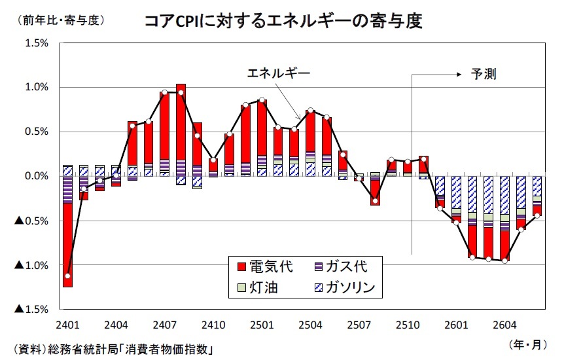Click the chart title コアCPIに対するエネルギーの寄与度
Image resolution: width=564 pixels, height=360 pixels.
tap(283, 21)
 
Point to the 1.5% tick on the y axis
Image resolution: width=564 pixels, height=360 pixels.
tap(35, 43)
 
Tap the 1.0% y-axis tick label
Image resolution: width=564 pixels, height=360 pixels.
tap(35, 87)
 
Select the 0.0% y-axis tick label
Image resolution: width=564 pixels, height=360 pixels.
tap(35, 176)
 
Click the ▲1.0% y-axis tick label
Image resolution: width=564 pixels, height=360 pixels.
tap(31, 265)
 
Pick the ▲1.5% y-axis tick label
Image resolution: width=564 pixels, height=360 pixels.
tap(31, 309)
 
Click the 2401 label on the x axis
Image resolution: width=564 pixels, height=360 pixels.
tap(67, 325)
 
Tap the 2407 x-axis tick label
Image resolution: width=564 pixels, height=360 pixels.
tap(165, 325)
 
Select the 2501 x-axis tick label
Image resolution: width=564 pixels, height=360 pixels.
tap(262, 325)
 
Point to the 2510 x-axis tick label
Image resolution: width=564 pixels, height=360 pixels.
tap(407, 325)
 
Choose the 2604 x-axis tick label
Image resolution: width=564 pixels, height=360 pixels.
tap(504, 325)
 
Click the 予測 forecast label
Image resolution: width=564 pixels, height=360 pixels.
tap(484, 74)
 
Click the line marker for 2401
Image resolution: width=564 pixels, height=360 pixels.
tap(67, 276)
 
